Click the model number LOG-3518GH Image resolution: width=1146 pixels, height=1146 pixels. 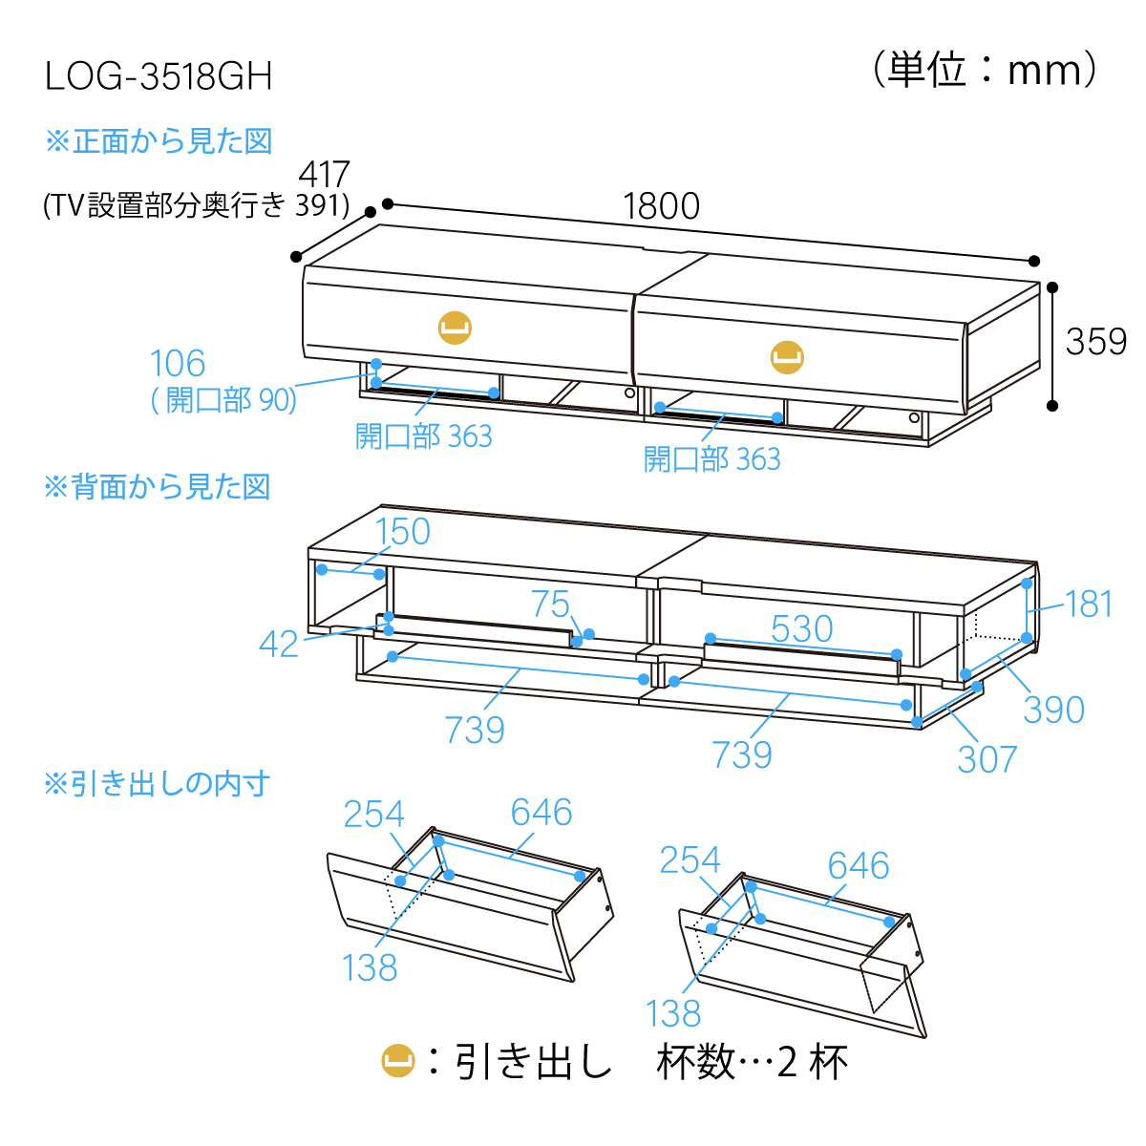(x=159, y=76)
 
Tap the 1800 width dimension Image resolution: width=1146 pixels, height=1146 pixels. (x=661, y=206)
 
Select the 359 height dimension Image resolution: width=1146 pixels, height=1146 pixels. (x=1095, y=342)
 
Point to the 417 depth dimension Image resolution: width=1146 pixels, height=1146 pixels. (x=325, y=175)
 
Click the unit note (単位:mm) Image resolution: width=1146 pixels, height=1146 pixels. (x=986, y=71)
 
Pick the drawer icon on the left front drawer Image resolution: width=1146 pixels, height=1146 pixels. (x=456, y=327)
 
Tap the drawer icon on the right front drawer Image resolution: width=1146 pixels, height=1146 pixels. (x=787, y=357)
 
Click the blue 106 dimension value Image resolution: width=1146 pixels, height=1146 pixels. (x=178, y=364)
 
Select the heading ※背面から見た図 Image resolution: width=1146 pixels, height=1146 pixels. (x=158, y=487)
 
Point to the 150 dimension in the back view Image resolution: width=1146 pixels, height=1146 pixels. (x=403, y=532)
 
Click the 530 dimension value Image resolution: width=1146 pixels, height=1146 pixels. (x=802, y=628)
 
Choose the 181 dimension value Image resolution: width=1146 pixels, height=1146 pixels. (x=1089, y=604)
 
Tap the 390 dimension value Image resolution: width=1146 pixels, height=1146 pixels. (x=1054, y=710)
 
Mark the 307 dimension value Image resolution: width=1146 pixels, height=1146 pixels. (x=987, y=759)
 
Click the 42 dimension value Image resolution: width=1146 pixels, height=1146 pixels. (x=279, y=645)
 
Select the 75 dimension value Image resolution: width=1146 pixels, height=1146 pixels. (x=550, y=604)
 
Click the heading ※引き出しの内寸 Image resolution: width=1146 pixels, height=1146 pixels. (x=158, y=784)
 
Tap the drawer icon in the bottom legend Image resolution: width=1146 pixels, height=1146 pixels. (x=398, y=1061)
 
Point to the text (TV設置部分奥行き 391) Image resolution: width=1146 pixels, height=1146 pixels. (x=197, y=205)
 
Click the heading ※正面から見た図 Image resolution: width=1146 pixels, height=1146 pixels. (x=159, y=141)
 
